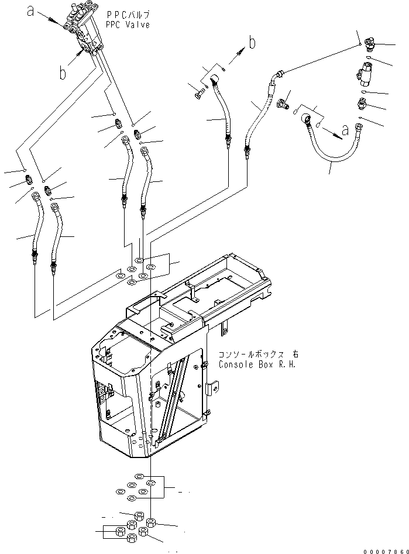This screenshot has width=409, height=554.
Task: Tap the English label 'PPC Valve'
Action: tap(128, 25)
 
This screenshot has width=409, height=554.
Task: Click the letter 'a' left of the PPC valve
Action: tap(31, 11)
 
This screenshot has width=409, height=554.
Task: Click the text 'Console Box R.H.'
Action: tap(257, 364)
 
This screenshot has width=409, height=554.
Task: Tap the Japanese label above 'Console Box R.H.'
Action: tap(257, 355)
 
